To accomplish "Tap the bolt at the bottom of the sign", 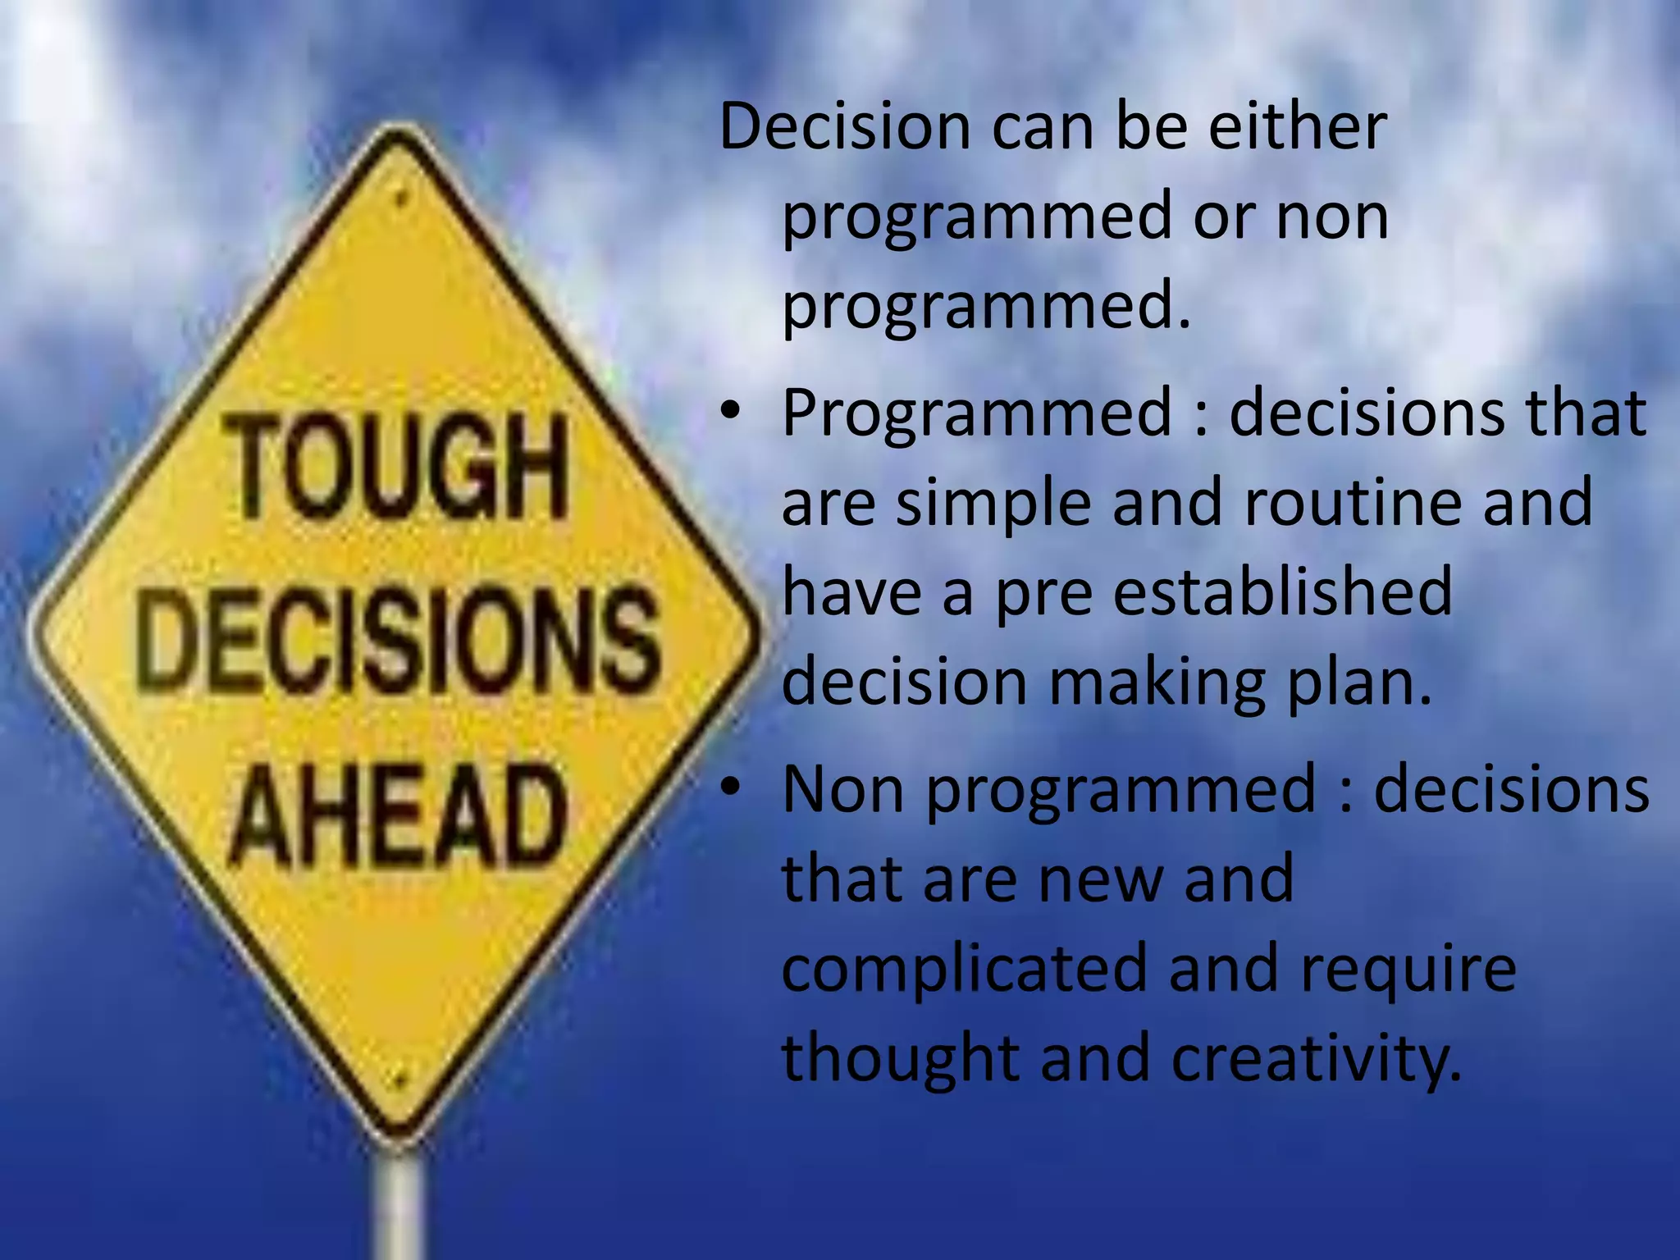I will point(399,1081).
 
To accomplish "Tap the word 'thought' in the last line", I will point(900,1058).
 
